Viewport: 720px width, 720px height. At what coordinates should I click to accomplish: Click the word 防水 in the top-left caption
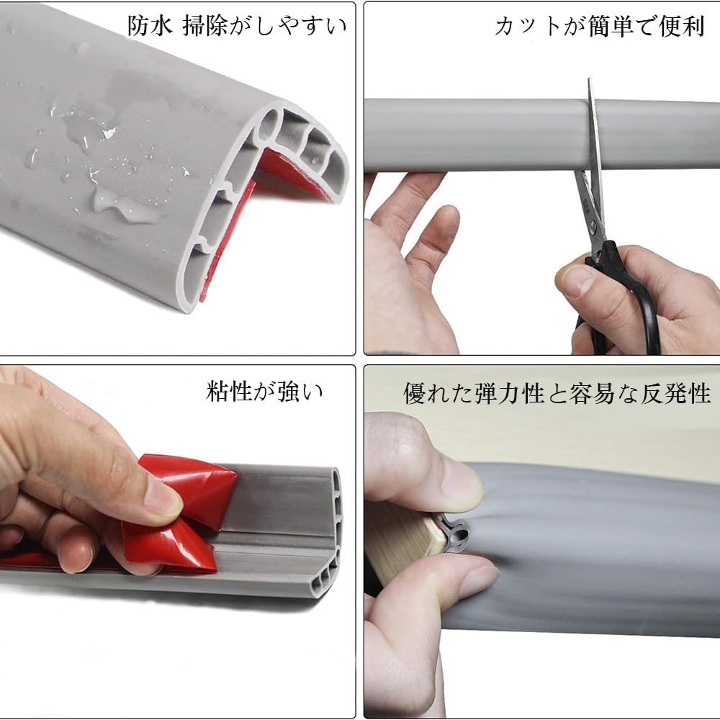pyautogui.click(x=150, y=26)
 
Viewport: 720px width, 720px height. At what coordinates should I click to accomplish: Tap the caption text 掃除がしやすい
pyautogui.click(x=264, y=26)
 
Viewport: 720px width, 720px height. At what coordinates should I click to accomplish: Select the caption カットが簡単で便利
pyautogui.click(x=599, y=26)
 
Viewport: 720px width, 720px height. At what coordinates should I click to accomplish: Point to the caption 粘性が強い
pyautogui.click(x=264, y=392)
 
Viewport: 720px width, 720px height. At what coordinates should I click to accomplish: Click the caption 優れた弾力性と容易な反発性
pyautogui.click(x=557, y=394)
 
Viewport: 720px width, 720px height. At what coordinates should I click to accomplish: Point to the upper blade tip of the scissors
pyautogui.click(x=590, y=80)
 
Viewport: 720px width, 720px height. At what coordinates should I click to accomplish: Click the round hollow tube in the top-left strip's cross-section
pyautogui.click(x=269, y=125)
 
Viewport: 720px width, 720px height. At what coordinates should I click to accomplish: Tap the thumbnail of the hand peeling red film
pyautogui.click(x=163, y=497)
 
